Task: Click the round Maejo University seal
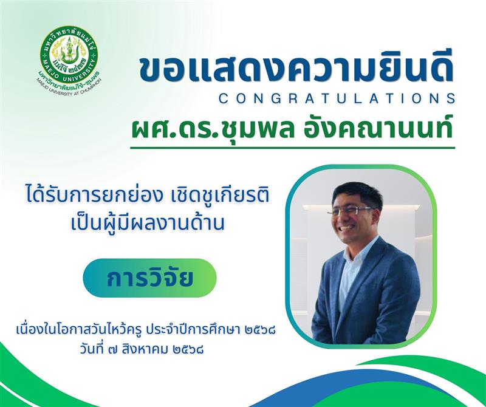(x=69, y=55)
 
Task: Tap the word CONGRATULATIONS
(x=337, y=98)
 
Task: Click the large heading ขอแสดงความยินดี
(x=296, y=70)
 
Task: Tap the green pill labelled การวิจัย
(x=149, y=278)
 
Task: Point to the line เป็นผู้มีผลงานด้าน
(x=147, y=222)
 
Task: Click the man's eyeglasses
(x=350, y=211)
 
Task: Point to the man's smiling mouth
(x=347, y=228)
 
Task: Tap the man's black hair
(x=357, y=193)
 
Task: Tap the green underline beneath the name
(x=293, y=148)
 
